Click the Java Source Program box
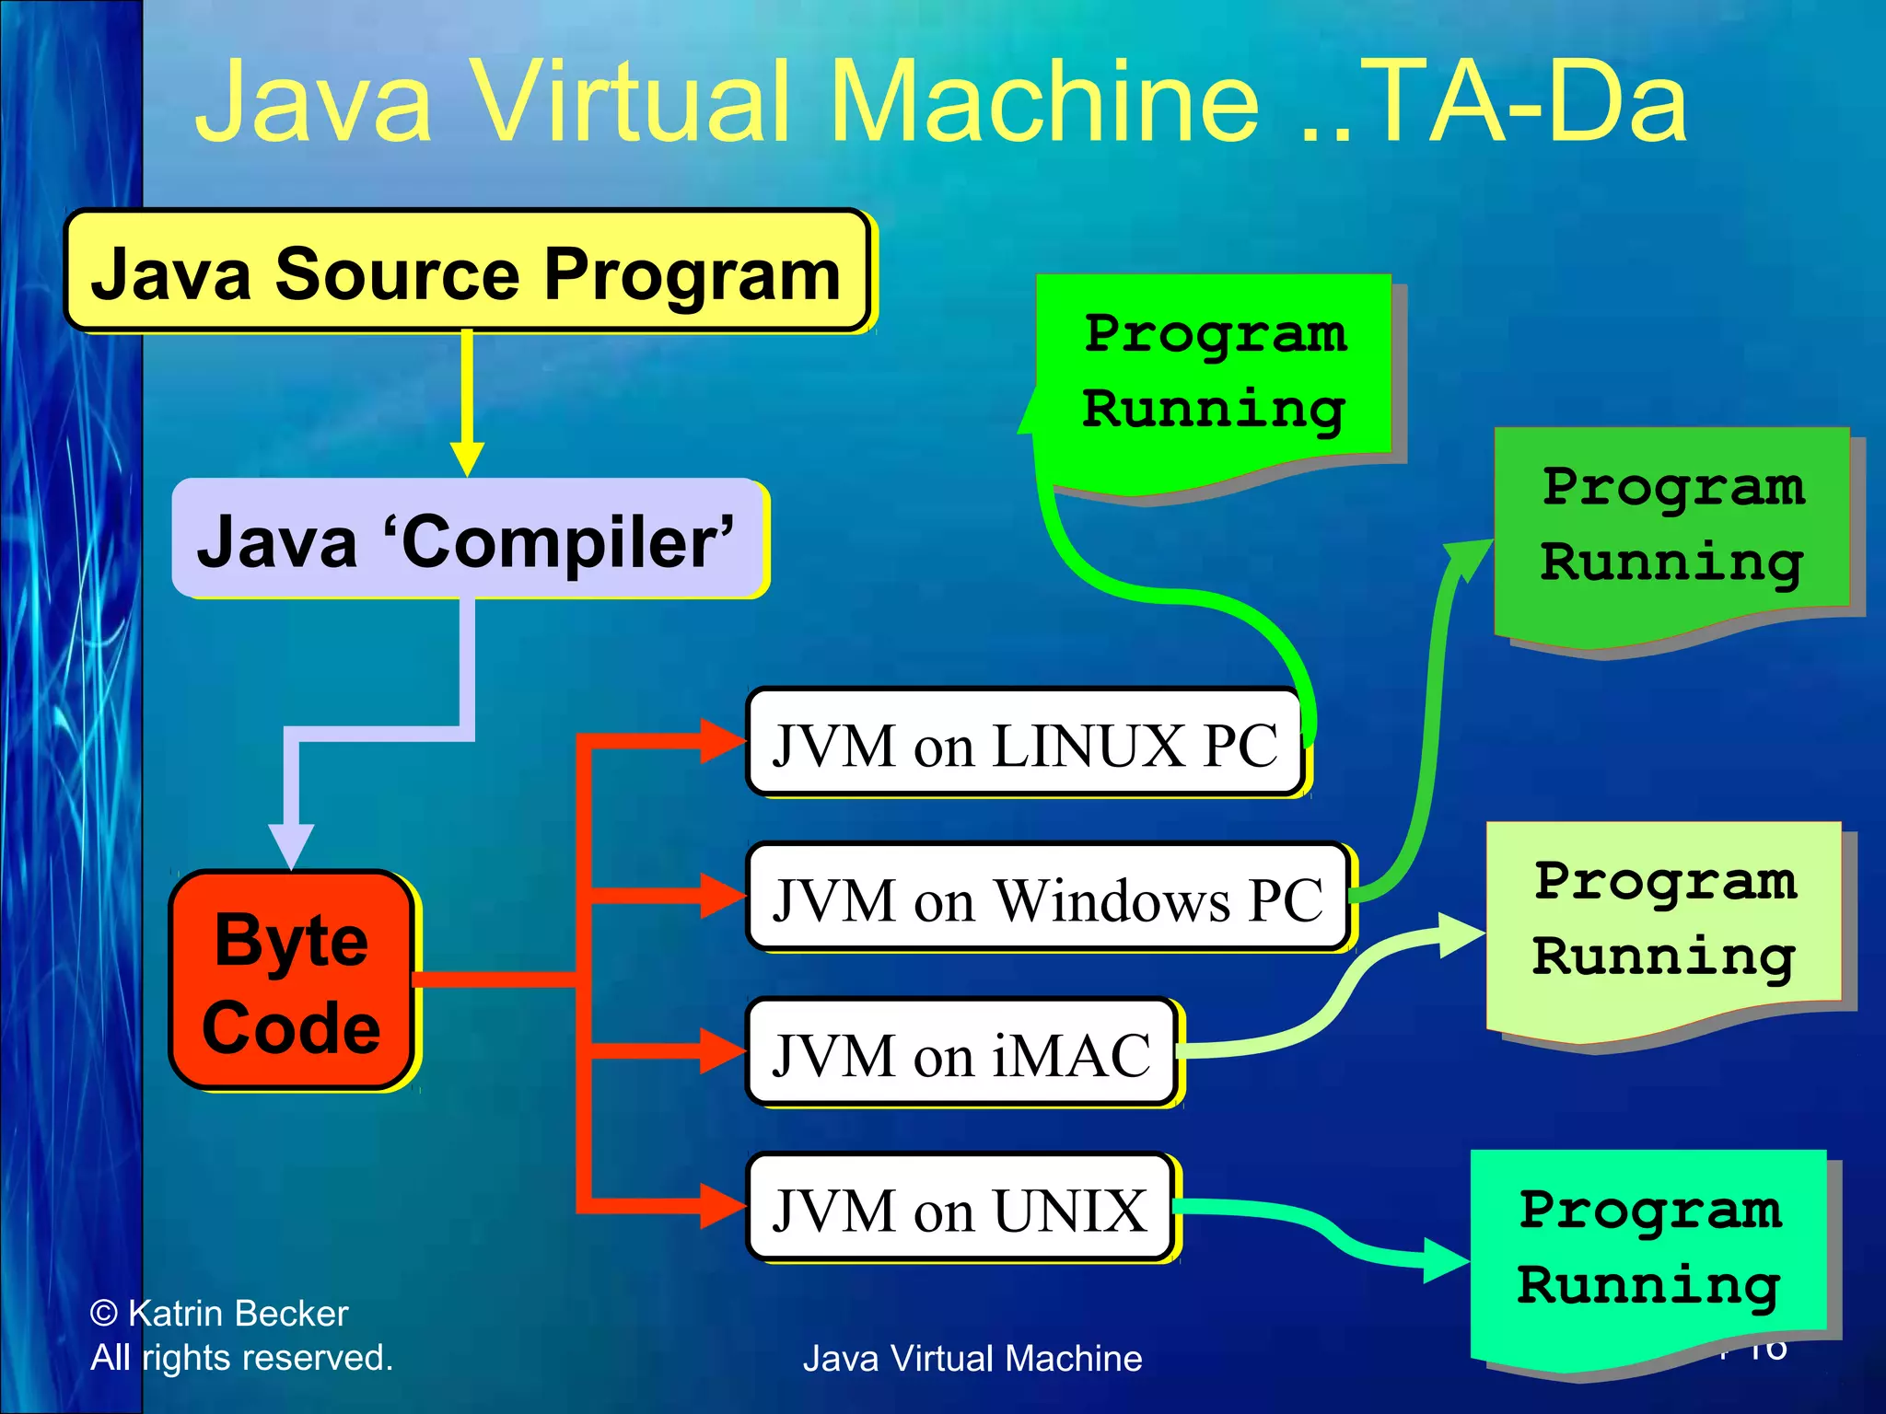tap(466, 272)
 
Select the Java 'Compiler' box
tap(468, 539)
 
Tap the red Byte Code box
tap(291, 981)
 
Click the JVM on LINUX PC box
tap(1024, 744)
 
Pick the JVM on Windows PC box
tap(1048, 898)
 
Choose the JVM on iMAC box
tap(961, 1053)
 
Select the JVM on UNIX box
tap(960, 1209)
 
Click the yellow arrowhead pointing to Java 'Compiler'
tap(467, 458)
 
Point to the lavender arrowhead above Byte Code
tap(291, 845)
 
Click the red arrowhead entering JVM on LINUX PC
tap(723, 741)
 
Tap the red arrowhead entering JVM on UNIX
tap(723, 1205)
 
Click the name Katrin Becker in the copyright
tap(238, 1314)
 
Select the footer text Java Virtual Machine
tap(972, 1359)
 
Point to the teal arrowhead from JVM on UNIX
tap(1446, 1260)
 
